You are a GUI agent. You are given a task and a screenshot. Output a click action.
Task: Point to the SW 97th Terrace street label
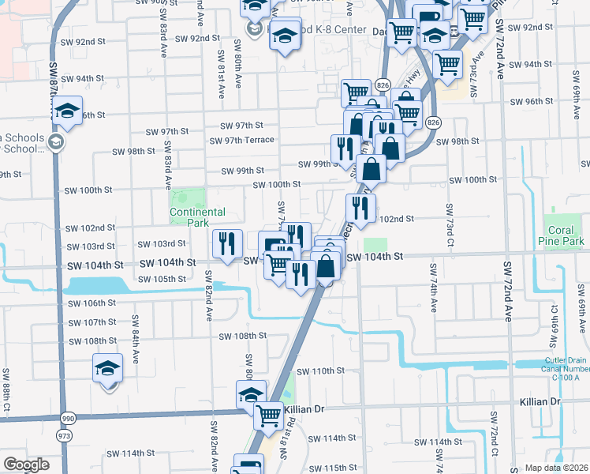point(241,141)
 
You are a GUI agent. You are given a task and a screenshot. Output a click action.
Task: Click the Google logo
point(25,465)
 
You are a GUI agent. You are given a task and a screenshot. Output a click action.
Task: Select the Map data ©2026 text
point(557,468)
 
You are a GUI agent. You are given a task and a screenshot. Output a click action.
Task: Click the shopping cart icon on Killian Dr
point(269,412)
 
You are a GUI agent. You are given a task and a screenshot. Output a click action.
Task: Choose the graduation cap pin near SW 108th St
point(108,368)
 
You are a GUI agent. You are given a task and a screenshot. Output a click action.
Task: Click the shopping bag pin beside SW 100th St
point(371,167)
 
